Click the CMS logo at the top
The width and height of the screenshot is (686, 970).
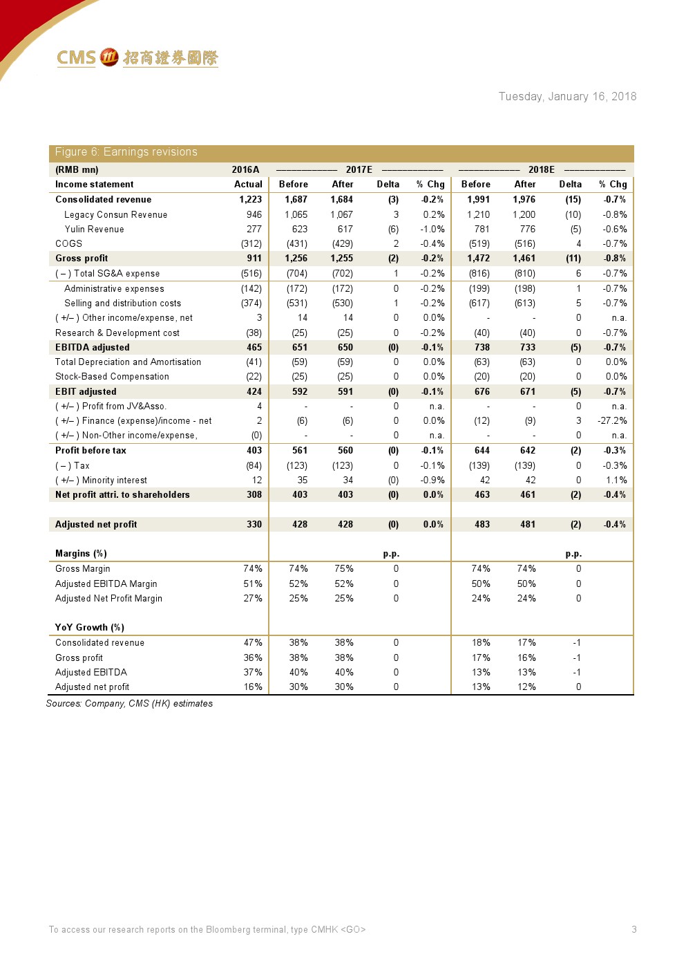coord(137,57)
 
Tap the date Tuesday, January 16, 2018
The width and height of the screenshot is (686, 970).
coord(567,97)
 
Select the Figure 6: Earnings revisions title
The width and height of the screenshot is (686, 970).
coord(126,152)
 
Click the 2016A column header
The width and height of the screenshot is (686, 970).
coord(245,169)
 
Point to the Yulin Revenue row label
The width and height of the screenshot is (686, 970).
coord(95,229)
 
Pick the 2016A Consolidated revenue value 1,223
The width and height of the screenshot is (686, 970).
coord(251,199)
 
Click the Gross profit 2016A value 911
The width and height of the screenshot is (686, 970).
coord(254,258)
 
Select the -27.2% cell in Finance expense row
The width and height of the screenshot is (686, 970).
coord(612,420)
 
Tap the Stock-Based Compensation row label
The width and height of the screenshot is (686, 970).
coord(112,376)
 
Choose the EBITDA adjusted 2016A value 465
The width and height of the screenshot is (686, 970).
coord(254,347)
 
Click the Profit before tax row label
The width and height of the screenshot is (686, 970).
coord(90,450)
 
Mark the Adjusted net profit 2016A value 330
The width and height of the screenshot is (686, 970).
coord(254,524)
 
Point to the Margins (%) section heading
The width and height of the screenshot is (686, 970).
coord(81,553)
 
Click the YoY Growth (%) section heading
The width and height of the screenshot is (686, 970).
coord(90,627)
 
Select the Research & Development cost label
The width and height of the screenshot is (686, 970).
coord(117,333)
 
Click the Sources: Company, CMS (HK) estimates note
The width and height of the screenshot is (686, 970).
coord(129,703)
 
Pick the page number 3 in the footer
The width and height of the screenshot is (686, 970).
coord(634,929)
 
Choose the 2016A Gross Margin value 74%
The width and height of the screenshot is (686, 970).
coord(253,568)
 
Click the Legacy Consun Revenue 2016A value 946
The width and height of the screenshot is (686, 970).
coord(254,214)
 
